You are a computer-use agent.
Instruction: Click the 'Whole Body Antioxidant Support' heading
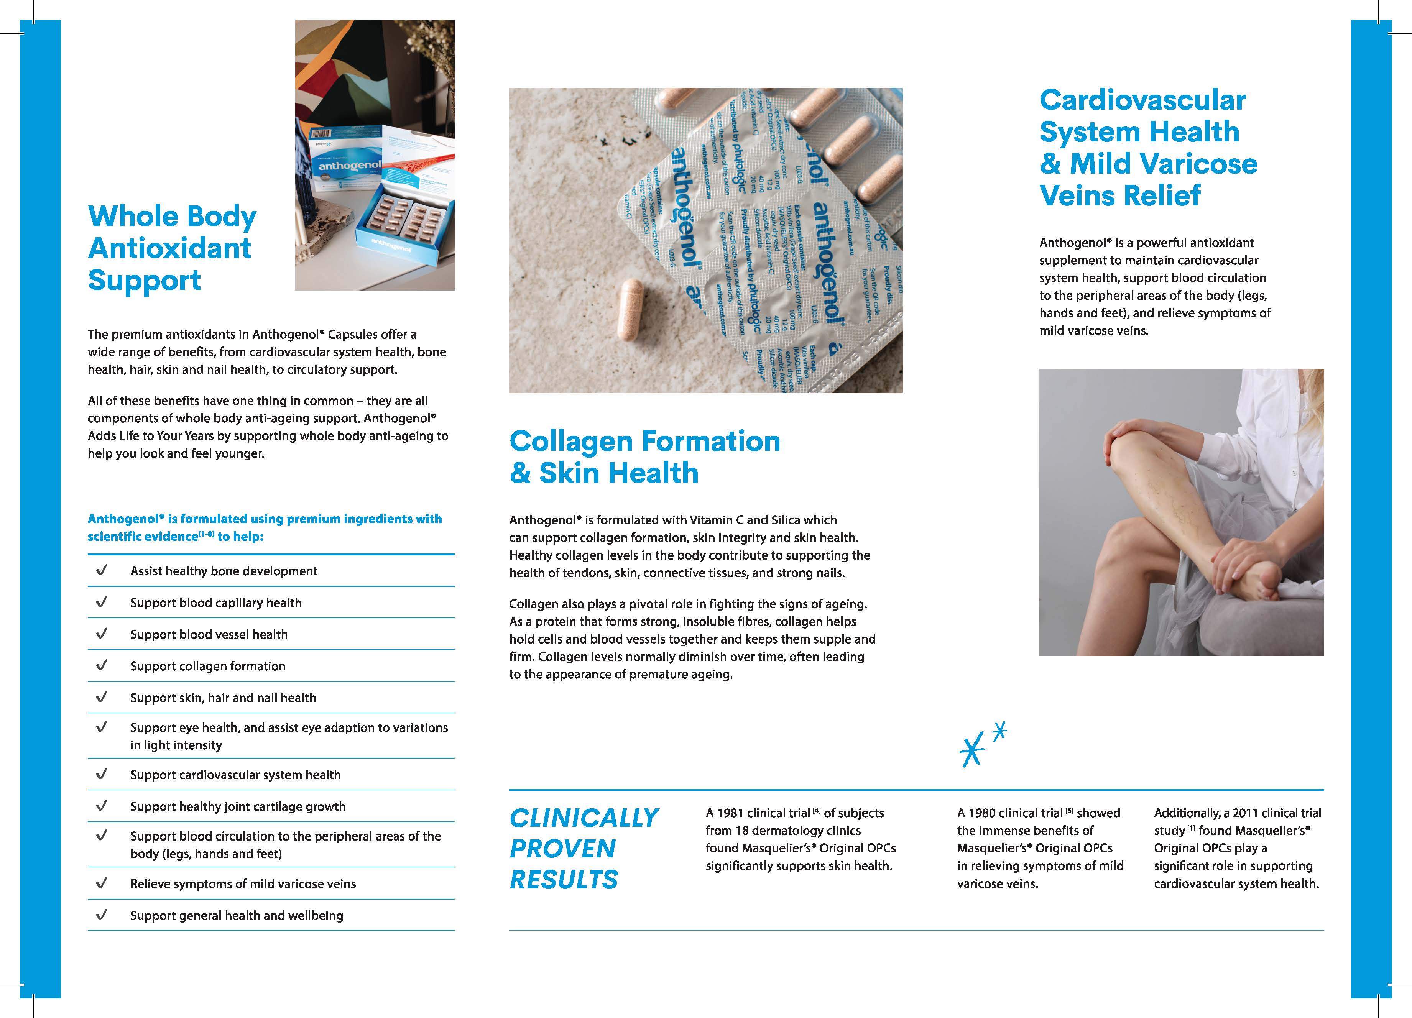pyautogui.click(x=172, y=248)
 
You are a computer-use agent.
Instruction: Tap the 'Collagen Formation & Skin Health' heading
pyautogui.click(x=644, y=457)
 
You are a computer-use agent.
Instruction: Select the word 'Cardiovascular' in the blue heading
pyautogui.click(x=1142, y=100)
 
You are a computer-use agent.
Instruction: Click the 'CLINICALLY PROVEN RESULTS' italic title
pyautogui.click(x=584, y=848)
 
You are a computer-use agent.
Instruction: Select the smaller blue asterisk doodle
pyautogui.click(x=999, y=732)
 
